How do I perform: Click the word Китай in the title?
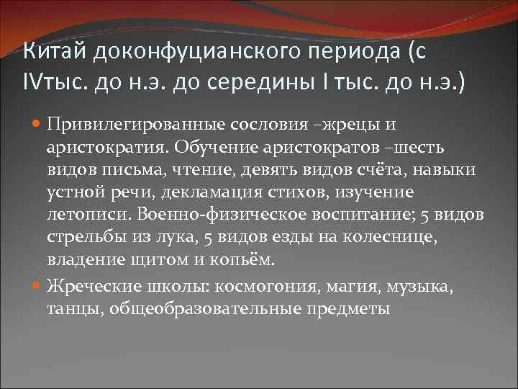tap(54, 52)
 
